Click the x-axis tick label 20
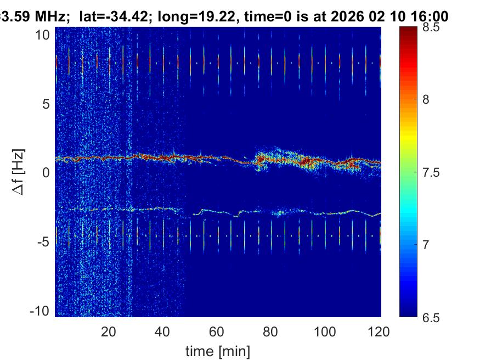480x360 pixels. point(109,331)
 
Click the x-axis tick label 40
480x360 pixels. point(162,331)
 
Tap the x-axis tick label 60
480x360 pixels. point(217,331)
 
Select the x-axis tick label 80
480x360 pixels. point(271,331)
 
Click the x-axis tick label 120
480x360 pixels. point(379,331)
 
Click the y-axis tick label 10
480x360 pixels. point(43,35)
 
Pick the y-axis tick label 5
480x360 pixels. point(46,104)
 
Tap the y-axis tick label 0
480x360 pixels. point(46,173)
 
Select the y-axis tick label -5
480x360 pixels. point(44,242)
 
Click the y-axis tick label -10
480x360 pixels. point(40,311)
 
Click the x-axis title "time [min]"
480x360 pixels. point(218,350)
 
